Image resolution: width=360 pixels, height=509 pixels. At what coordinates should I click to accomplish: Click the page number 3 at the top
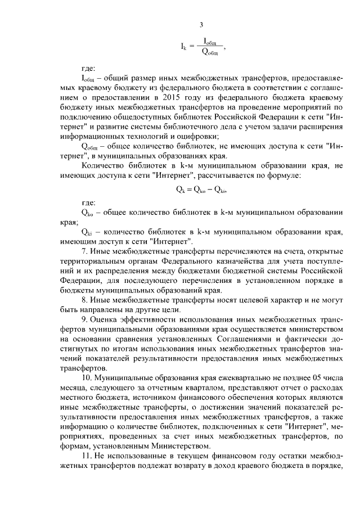pyautogui.click(x=201, y=24)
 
